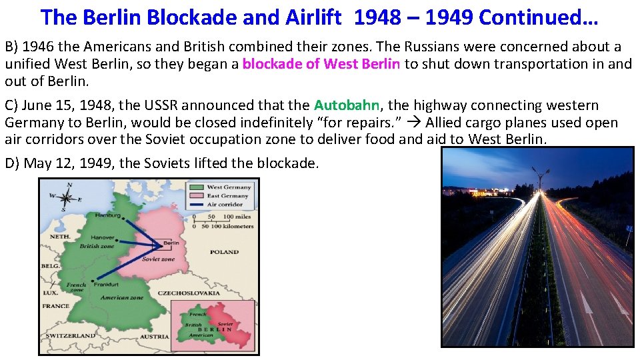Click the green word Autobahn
tap(347, 105)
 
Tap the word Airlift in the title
tap(314, 17)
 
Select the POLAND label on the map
tap(223, 253)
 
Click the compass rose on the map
tap(66, 197)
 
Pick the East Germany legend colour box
tap(197, 196)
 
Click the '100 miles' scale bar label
tap(237, 217)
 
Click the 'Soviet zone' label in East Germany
tap(158, 259)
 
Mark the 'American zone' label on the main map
tap(121, 297)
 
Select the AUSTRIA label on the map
tap(155, 337)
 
